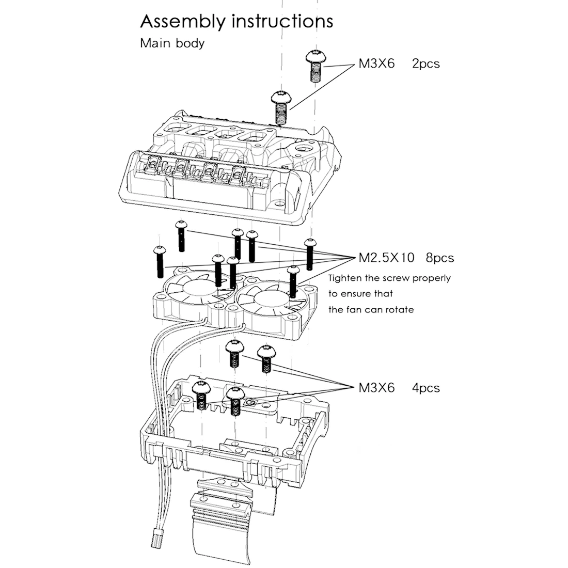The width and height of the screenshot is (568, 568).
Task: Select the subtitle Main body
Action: coord(172,43)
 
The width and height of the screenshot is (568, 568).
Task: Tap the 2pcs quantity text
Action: coord(425,64)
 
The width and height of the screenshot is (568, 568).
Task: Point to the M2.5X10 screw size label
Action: coord(386,257)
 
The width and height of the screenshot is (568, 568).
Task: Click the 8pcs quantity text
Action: coord(440,257)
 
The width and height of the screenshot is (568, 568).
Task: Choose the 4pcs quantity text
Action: coord(425,387)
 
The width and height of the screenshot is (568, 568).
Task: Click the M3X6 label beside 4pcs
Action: coord(376,387)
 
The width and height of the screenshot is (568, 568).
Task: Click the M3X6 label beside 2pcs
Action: coord(376,64)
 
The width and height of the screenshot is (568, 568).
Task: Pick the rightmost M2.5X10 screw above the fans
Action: coord(309,254)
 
